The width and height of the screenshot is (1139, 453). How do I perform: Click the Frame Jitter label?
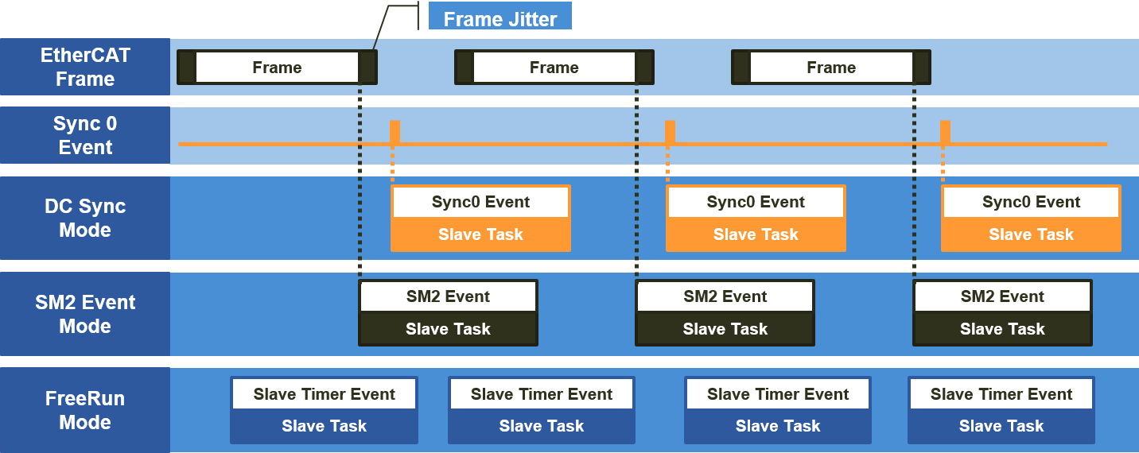pos(500,18)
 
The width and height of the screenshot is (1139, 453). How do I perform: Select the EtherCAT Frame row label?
pos(85,68)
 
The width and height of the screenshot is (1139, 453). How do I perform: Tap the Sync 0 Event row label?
pos(85,136)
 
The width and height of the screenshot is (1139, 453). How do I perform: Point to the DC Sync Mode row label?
pos(85,219)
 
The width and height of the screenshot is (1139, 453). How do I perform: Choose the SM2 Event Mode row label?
pos(85,315)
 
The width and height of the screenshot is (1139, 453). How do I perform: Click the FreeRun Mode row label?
pos(85,410)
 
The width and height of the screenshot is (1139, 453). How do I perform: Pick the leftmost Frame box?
pos(277,68)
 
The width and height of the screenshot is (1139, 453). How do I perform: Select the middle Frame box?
pos(554,68)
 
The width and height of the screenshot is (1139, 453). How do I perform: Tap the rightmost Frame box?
pos(831,68)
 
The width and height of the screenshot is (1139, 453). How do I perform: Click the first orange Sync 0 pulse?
pos(395,132)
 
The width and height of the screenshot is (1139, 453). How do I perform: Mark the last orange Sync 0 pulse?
pos(945,132)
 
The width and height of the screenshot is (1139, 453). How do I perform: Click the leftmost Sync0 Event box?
pos(480,202)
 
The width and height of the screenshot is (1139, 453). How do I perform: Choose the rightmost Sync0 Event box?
pos(1031,202)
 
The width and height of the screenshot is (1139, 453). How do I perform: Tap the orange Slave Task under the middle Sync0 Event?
pos(756,234)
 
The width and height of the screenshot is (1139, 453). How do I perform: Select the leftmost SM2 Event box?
pos(449,296)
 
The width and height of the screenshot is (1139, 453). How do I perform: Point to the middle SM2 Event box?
pos(725,296)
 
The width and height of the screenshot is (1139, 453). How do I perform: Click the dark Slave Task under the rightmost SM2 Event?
pos(1002,329)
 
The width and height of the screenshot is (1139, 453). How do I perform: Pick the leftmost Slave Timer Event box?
pos(324,394)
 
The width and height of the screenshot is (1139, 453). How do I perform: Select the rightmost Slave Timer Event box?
pos(1001,394)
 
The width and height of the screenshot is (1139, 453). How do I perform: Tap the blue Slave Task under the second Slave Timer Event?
pos(542,426)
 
